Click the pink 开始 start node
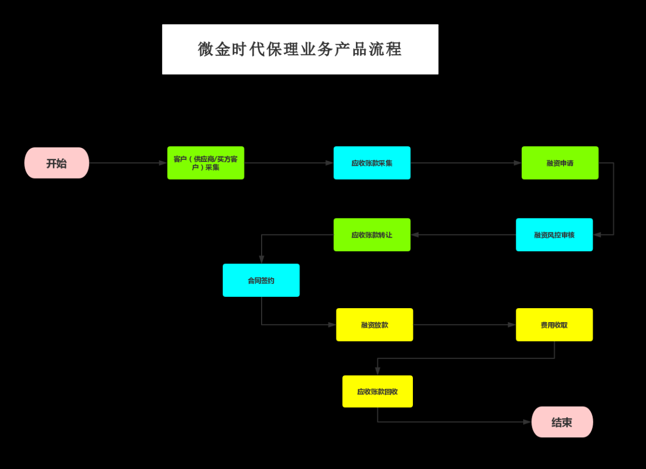click(x=57, y=163)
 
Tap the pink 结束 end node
click(x=562, y=422)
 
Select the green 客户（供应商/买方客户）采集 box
click(x=206, y=163)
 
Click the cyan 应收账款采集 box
click(x=372, y=163)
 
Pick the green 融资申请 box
click(x=560, y=163)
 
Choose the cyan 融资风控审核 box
click(x=554, y=234)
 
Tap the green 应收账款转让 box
click(x=372, y=234)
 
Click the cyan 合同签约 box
click(x=261, y=280)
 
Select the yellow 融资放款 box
click(x=375, y=325)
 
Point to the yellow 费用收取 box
click(x=554, y=325)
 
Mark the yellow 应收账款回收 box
click(x=377, y=392)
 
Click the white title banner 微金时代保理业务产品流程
click(x=300, y=49)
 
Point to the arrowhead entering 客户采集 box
click(x=164, y=163)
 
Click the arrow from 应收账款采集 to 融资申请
click(x=466, y=163)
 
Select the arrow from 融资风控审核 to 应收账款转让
click(x=463, y=234)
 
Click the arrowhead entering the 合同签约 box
click(x=261, y=260)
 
